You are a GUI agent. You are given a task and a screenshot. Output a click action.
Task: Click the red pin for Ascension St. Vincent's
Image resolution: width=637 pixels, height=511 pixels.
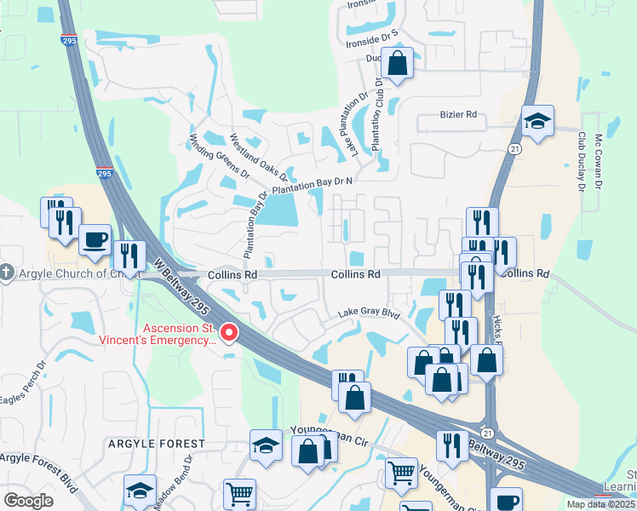(228, 332)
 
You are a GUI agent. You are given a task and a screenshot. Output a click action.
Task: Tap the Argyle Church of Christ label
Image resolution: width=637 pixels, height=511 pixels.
(67, 273)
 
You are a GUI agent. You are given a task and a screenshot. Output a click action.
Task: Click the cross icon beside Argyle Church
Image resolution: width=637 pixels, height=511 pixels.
(6, 273)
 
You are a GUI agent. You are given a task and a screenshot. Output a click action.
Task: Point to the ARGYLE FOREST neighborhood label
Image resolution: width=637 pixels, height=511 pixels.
(157, 444)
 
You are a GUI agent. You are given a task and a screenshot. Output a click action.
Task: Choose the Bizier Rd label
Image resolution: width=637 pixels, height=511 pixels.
(458, 113)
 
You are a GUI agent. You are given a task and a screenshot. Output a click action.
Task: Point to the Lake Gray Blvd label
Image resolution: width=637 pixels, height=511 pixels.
(368, 313)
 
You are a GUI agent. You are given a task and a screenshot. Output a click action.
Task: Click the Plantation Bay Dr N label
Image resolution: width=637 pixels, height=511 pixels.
(312, 187)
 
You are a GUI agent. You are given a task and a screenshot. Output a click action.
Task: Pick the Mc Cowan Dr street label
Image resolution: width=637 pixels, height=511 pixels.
(599, 163)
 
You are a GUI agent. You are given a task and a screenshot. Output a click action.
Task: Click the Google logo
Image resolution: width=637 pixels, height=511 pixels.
(28, 501)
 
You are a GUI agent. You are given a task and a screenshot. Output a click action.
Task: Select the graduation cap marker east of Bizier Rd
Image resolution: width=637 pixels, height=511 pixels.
(537, 122)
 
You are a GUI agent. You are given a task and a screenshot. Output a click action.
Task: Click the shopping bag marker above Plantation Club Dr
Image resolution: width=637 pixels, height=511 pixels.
(397, 62)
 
